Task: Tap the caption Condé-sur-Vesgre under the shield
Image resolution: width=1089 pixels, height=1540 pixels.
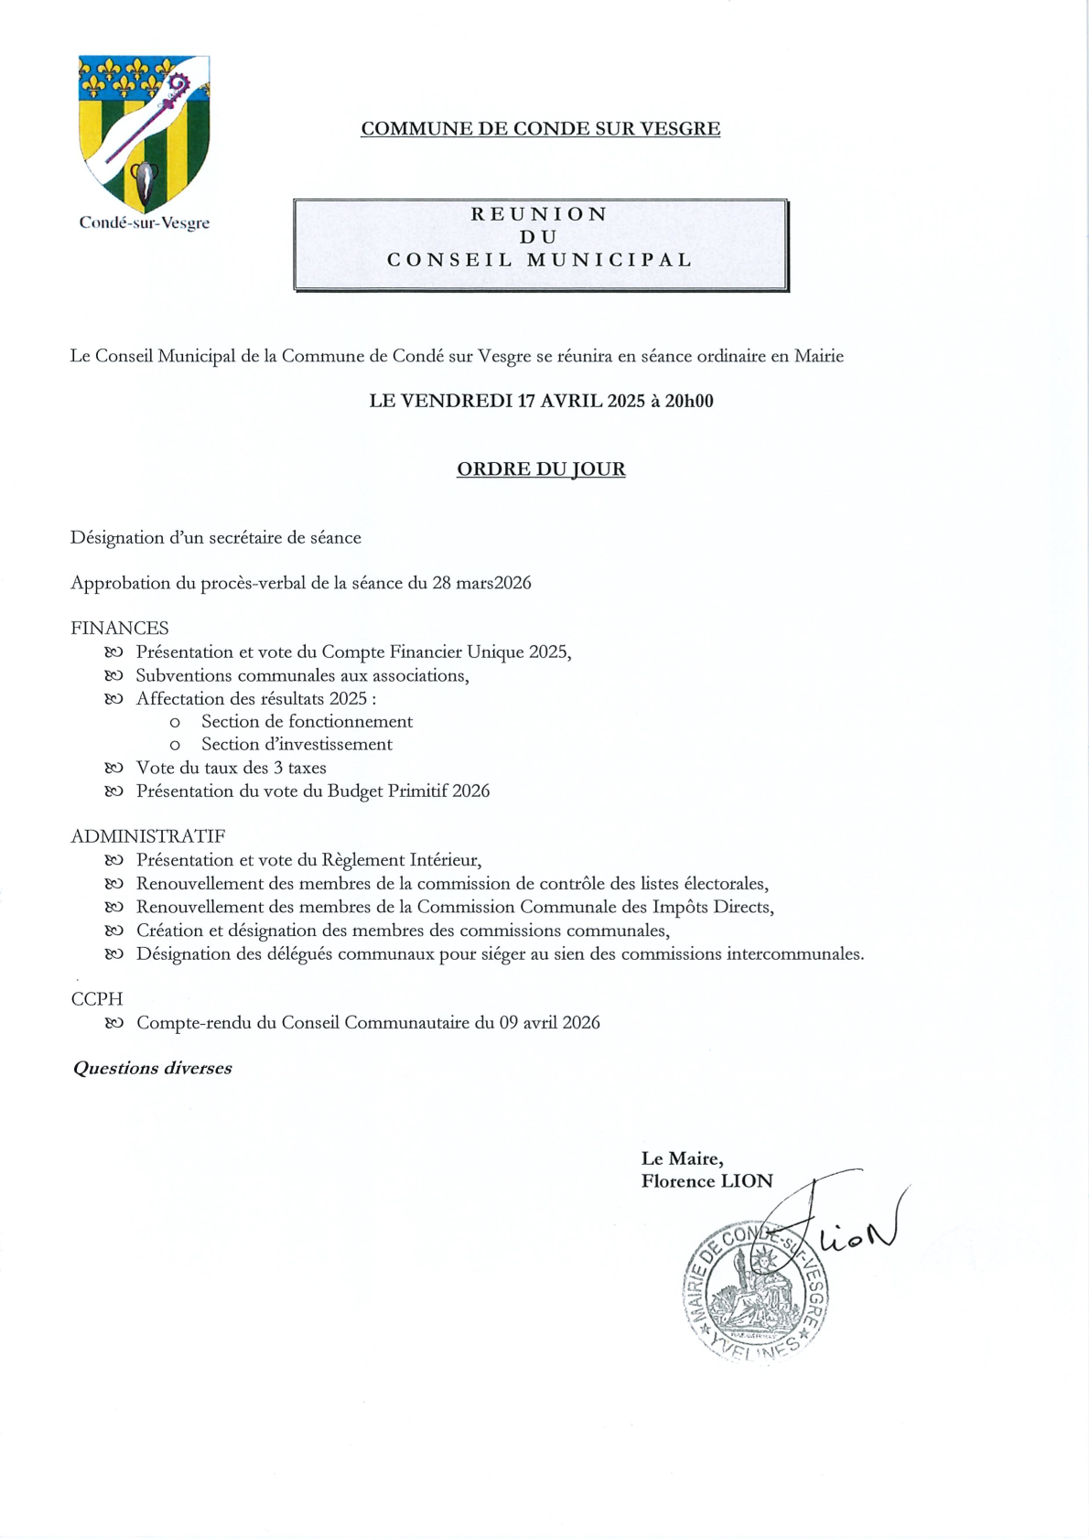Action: tap(145, 222)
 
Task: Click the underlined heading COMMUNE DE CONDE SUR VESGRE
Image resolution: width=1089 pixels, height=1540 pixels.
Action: tap(540, 129)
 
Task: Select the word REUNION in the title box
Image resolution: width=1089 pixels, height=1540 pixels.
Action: tap(540, 214)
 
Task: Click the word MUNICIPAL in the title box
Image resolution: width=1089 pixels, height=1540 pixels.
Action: tap(610, 260)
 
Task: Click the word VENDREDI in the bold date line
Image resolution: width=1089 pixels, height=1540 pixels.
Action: tap(456, 401)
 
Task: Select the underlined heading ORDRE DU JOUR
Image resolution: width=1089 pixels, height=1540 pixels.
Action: tap(541, 469)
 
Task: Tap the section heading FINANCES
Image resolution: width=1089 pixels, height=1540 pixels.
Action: tap(120, 629)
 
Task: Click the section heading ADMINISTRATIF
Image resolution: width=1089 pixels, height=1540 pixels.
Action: tap(148, 836)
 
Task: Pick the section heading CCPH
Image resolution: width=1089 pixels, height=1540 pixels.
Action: tap(97, 999)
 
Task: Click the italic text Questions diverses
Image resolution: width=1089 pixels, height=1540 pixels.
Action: tap(153, 1069)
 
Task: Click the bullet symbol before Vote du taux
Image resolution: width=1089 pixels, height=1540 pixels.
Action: tap(113, 769)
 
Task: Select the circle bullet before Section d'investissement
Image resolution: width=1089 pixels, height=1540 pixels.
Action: tap(175, 746)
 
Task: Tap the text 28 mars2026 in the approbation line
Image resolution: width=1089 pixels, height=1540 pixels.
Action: tap(481, 584)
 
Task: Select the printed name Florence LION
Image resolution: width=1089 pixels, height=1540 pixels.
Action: tap(706, 1181)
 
